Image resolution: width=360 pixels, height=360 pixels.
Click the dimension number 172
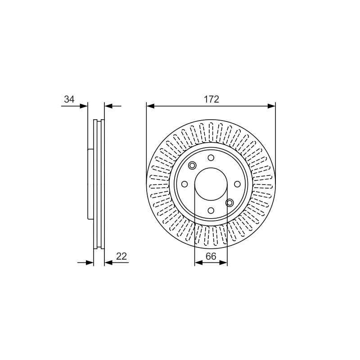(x=211, y=99)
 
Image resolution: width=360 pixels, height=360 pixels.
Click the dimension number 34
(x=69, y=99)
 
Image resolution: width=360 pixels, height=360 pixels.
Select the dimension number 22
(x=121, y=256)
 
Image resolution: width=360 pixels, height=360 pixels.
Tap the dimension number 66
(x=211, y=256)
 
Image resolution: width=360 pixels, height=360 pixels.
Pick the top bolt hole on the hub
(x=211, y=158)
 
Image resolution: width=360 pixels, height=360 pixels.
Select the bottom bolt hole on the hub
(x=211, y=210)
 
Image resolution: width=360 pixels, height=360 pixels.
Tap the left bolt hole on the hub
(x=184, y=184)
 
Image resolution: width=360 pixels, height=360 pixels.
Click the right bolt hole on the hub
(x=237, y=184)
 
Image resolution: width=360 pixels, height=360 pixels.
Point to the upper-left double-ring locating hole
(x=192, y=165)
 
